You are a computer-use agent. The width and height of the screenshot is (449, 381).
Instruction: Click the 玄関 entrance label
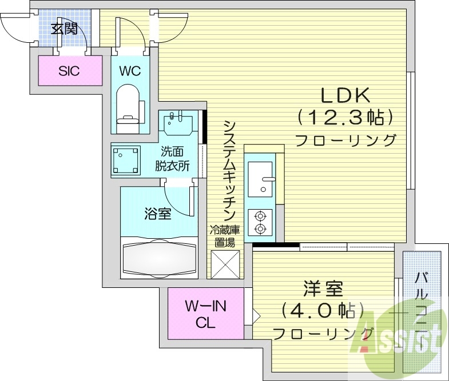point(64,28)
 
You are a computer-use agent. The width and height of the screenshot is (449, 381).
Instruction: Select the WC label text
point(130,71)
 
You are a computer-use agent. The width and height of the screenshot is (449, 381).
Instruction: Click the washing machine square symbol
point(126,161)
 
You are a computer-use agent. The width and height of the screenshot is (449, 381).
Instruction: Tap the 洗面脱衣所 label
point(172,159)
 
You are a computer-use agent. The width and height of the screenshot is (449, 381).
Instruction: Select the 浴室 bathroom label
point(157,214)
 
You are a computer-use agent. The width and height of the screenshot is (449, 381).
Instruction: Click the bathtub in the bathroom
point(158,257)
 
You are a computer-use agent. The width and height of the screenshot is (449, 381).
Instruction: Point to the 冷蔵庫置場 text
point(224,236)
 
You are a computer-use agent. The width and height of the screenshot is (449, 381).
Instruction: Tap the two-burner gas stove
point(261,223)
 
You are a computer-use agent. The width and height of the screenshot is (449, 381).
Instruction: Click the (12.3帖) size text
point(345,118)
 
